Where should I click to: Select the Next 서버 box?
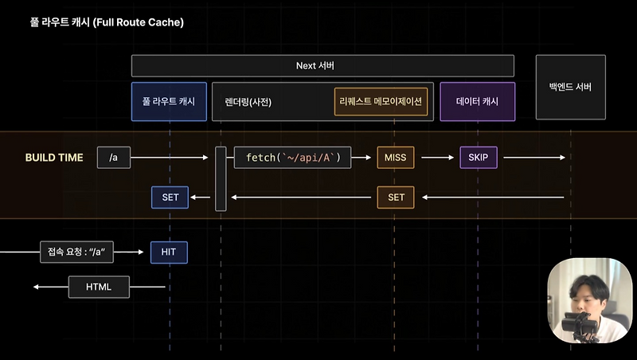[x=322, y=66]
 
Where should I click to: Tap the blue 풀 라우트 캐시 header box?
[x=169, y=102]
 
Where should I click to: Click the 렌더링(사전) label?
[x=249, y=102]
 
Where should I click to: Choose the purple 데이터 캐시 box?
[x=477, y=102]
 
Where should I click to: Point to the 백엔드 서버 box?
[x=570, y=87]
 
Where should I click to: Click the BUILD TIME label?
[x=54, y=158]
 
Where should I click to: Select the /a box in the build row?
[x=113, y=158]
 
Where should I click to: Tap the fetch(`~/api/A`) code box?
[x=292, y=158]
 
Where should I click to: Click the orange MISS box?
[x=396, y=158]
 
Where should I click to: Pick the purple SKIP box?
[x=478, y=158]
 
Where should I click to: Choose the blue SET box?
[x=170, y=197]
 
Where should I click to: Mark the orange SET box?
[x=396, y=197]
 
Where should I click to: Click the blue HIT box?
[x=169, y=252]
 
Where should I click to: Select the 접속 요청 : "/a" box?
[x=77, y=252]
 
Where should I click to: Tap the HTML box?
[x=98, y=286]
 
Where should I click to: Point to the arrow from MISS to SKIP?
[x=437, y=158]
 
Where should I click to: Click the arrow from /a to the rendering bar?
[x=171, y=158]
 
